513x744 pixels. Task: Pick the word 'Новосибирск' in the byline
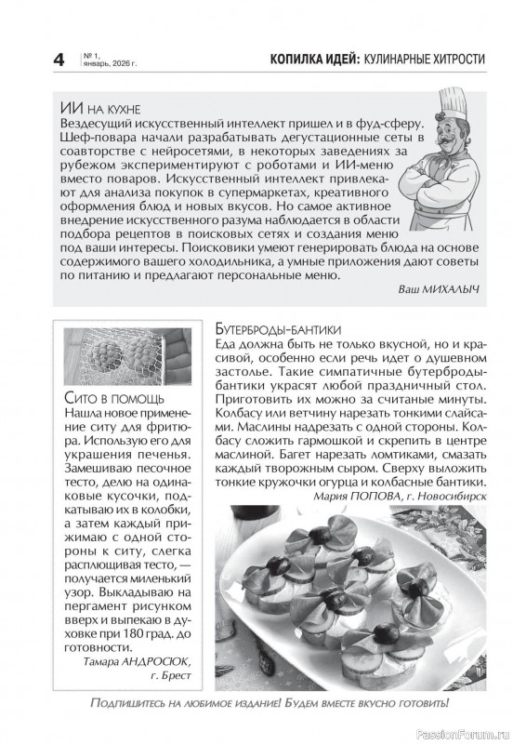point(449,497)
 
